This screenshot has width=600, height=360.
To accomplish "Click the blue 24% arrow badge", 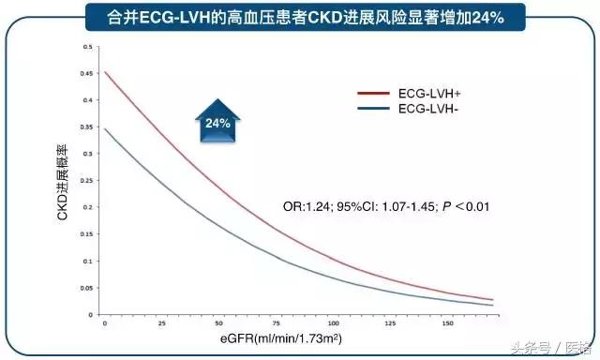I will coord(218,123).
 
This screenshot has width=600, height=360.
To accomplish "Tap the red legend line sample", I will coord(374,94).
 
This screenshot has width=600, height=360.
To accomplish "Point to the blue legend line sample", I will coord(374,109).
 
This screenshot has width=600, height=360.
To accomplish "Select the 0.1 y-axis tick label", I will coord(88,260).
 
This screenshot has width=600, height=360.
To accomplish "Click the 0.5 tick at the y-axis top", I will coord(88,46).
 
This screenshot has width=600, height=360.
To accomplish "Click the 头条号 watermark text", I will coord(531,342).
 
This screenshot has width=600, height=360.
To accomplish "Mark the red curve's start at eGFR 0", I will coord(105,72).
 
